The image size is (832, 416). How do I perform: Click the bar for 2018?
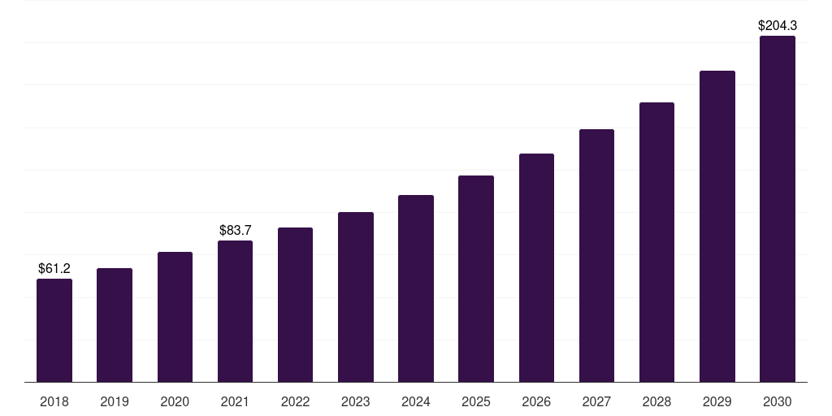pyautogui.click(x=54, y=331)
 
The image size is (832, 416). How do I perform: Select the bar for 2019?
pyautogui.click(x=115, y=325)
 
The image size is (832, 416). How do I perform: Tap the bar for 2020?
pyautogui.click(x=175, y=317)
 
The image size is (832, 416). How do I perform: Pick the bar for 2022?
pyautogui.click(x=295, y=305)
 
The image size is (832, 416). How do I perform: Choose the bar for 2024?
pyautogui.click(x=416, y=288)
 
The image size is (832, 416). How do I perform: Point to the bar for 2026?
pyautogui.click(x=536, y=268)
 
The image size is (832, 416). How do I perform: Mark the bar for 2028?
pyautogui.click(x=656, y=242)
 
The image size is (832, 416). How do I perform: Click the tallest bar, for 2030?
pyautogui.click(x=777, y=209)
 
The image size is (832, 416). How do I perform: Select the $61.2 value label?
pyautogui.click(x=54, y=268)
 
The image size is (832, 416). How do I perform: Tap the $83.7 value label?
pyautogui.click(x=236, y=230)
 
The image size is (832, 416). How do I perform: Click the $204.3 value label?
pyautogui.click(x=777, y=26)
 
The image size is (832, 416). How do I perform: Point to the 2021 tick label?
pyautogui.click(x=236, y=401)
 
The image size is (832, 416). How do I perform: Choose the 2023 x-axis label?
pyautogui.click(x=356, y=401)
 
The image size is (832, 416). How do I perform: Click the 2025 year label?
pyautogui.click(x=476, y=401)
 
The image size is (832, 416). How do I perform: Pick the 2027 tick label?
pyautogui.click(x=596, y=401)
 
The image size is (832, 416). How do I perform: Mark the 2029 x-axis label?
pyautogui.click(x=717, y=401)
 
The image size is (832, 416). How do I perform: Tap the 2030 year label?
pyautogui.click(x=777, y=401)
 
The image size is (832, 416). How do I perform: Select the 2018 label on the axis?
pyautogui.click(x=54, y=401)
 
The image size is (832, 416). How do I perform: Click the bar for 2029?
pyautogui.click(x=717, y=227)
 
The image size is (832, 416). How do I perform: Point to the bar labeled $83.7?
pyautogui.click(x=236, y=311)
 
